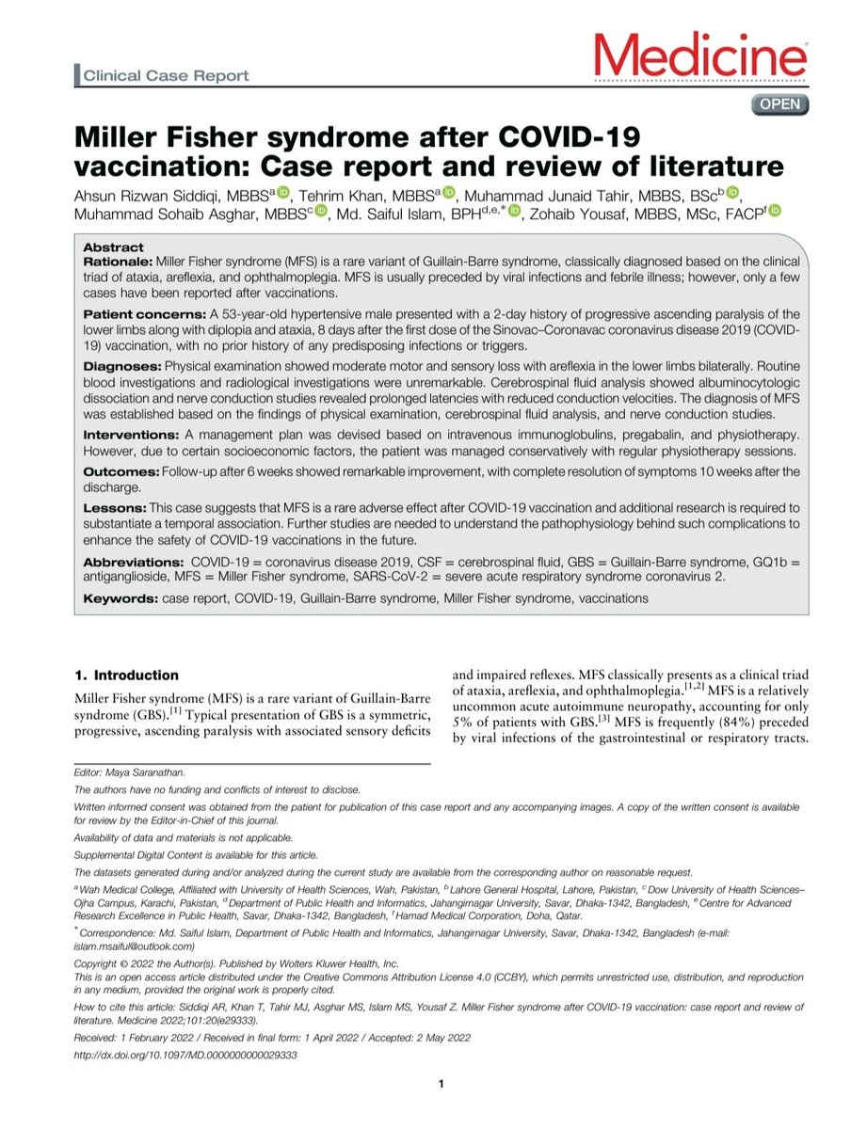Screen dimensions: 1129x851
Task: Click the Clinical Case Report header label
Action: coord(165,75)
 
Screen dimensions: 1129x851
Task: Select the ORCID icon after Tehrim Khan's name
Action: coord(448,194)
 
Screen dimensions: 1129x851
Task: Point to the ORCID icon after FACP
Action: coord(775,214)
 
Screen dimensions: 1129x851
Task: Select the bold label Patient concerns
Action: coord(140,312)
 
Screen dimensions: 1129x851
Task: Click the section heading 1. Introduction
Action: coord(125,675)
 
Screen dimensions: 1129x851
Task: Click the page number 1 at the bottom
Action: coord(441,1086)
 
